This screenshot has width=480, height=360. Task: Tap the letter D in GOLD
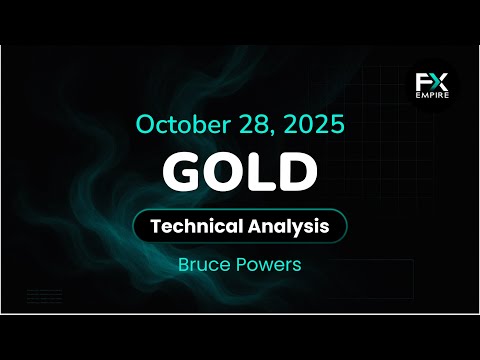[x=297, y=172]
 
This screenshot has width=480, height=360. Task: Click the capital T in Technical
[x=154, y=226]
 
